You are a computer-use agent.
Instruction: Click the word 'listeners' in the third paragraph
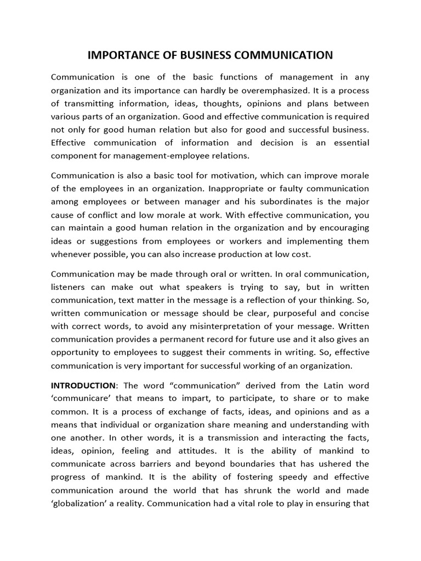pos(67,288)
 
